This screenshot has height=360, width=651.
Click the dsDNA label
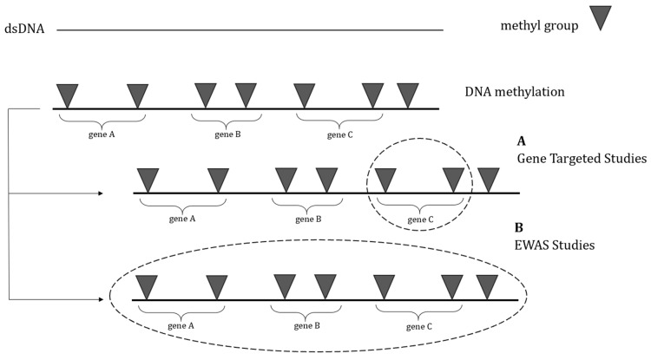(x=24, y=29)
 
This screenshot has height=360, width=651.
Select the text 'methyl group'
(x=539, y=26)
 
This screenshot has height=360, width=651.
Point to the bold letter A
(x=521, y=141)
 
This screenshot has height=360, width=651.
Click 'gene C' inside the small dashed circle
(x=420, y=219)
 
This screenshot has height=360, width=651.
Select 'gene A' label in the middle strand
(x=182, y=219)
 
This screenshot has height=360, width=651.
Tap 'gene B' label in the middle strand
(x=308, y=219)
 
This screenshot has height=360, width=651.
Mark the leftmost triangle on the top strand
(x=67, y=95)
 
